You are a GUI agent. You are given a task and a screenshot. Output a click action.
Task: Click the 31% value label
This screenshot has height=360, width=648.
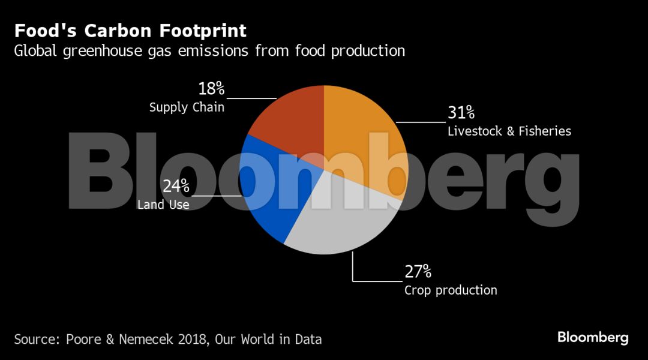point(461,112)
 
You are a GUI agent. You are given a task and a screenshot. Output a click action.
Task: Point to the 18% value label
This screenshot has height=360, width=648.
point(211,89)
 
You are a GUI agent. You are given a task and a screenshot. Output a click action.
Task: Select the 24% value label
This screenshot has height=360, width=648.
point(176,186)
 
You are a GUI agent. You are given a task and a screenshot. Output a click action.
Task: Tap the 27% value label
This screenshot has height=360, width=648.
point(418,272)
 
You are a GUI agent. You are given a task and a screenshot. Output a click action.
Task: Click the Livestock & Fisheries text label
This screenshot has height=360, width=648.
point(509,131)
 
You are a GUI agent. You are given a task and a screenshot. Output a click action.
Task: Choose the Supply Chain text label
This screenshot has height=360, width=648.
point(187,108)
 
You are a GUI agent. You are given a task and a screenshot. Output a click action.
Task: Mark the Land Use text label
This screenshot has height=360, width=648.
point(163,205)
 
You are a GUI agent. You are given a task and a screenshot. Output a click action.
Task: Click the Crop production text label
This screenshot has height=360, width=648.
point(451,290)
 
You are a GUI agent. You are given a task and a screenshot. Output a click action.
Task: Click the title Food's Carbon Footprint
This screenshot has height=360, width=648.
point(130,31)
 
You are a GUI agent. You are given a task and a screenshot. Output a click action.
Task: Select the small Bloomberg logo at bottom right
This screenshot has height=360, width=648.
point(593,337)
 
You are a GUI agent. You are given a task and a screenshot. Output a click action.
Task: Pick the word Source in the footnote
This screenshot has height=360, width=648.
point(34,339)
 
